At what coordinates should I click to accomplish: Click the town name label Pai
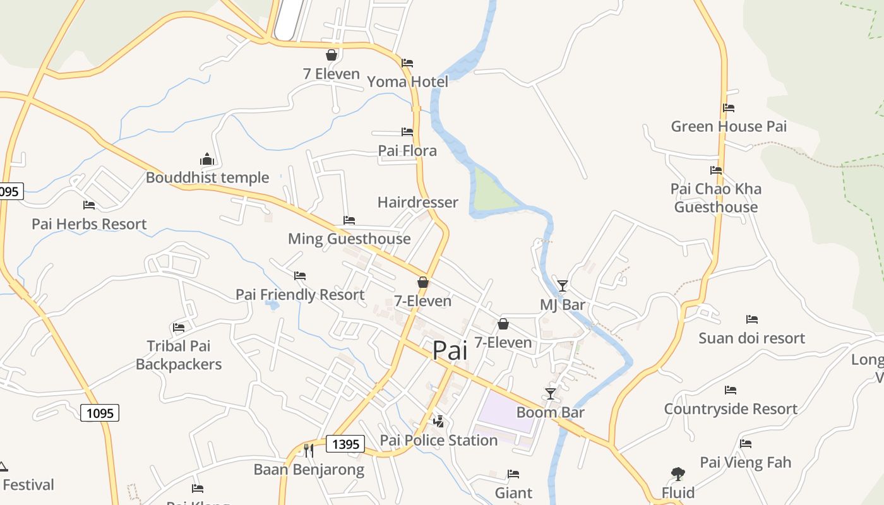(x=450, y=350)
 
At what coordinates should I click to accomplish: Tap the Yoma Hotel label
(x=407, y=81)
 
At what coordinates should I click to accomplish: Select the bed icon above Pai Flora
(x=407, y=132)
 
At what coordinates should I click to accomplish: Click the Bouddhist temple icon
(x=207, y=159)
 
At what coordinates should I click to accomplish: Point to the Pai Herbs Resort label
(x=89, y=224)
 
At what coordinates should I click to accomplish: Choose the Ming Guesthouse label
(x=349, y=239)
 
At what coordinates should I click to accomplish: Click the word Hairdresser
(x=417, y=202)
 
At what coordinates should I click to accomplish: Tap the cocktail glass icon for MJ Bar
(x=563, y=285)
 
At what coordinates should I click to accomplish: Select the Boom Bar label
(x=550, y=412)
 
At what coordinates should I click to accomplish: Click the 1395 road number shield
(x=345, y=444)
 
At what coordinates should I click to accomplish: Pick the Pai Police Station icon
(x=438, y=421)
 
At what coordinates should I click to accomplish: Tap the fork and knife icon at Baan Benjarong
(x=309, y=450)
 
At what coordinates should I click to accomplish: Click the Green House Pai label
(x=729, y=126)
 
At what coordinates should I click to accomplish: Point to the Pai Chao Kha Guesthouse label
(x=716, y=198)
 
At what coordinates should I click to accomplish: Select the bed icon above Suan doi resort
(x=751, y=319)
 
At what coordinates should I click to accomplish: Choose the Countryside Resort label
(x=731, y=408)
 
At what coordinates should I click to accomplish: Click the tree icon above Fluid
(x=678, y=473)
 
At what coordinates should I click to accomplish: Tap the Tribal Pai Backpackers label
(x=179, y=355)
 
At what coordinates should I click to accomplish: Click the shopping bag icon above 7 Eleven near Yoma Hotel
(x=331, y=56)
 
